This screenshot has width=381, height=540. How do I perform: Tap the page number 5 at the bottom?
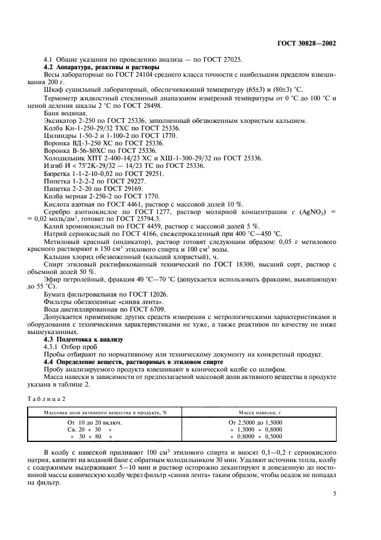coord(335,493)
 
